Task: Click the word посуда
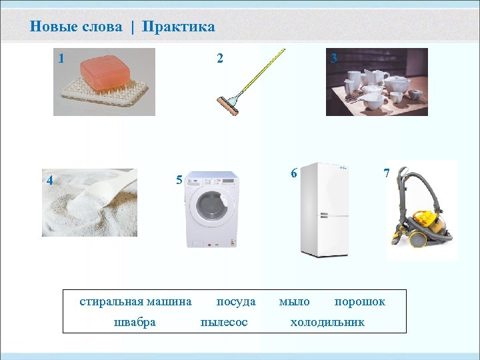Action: click(x=236, y=302)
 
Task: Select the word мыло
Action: click(x=294, y=302)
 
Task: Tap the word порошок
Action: click(x=359, y=302)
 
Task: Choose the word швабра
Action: click(x=135, y=323)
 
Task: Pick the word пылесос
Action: click(x=224, y=323)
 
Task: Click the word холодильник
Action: click(x=327, y=323)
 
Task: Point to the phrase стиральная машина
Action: click(x=135, y=302)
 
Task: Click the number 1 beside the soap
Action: click(x=61, y=59)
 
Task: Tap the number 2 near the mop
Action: click(x=219, y=59)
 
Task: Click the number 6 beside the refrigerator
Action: click(x=293, y=173)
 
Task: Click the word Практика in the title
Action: click(x=179, y=27)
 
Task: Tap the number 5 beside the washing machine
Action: click(x=179, y=180)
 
